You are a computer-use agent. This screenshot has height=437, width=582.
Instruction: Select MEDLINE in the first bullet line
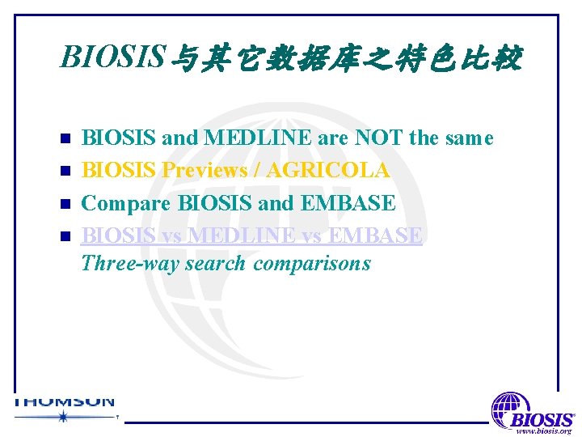point(256,138)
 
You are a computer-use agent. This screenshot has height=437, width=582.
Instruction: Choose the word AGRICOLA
point(327,171)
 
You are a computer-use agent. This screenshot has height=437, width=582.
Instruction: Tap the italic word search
point(215,264)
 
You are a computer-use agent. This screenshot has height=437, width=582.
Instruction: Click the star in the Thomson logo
point(62,417)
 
